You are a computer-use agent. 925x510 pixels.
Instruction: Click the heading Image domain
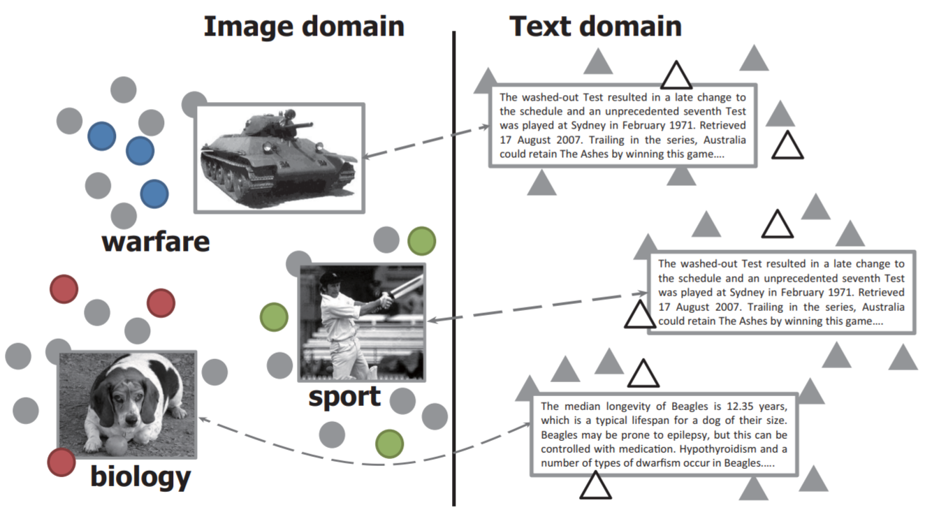pyautogui.click(x=304, y=27)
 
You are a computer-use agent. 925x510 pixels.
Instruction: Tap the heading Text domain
pyautogui.click(x=595, y=27)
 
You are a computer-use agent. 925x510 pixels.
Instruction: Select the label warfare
pyautogui.click(x=156, y=242)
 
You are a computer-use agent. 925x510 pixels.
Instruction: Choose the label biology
pyautogui.click(x=140, y=476)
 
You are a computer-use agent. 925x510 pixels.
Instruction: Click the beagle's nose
pyautogui.click(x=131, y=420)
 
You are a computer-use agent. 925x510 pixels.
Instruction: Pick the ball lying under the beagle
pyautogui.click(x=117, y=446)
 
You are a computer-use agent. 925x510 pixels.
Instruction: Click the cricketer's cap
pyautogui.click(x=330, y=278)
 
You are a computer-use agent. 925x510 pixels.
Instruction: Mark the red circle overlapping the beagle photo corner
pyautogui.click(x=61, y=462)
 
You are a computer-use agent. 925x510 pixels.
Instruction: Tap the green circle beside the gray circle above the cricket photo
pyautogui.click(x=421, y=241)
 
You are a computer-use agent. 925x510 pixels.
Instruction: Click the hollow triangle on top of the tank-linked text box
pyautogui.click(x=676, y=75)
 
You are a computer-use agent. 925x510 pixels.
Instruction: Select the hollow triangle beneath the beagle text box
pyautogui.click(x=595, y=486)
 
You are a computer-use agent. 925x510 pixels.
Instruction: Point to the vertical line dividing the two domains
pyautogui.click(x=454, y=268)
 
